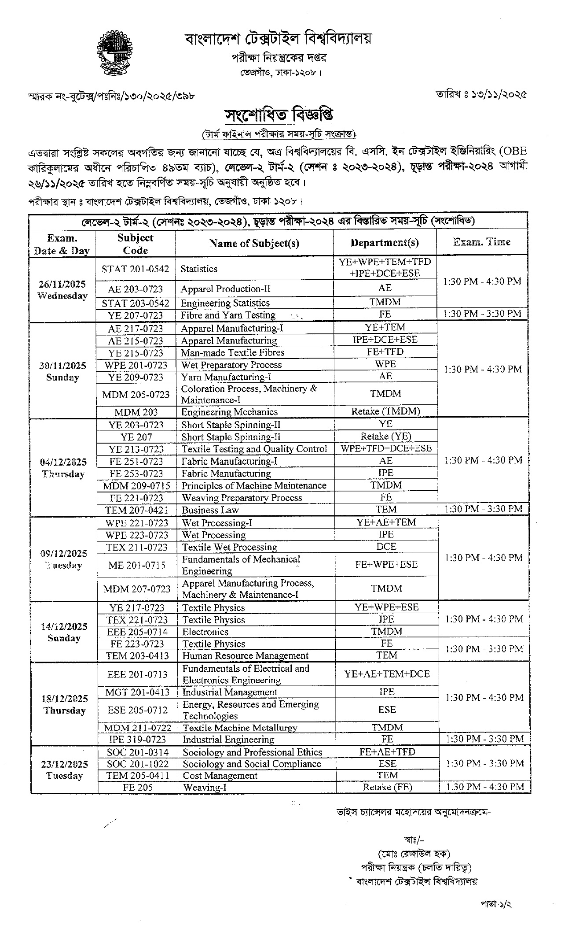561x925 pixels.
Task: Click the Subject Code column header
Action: click(x=135, y=244)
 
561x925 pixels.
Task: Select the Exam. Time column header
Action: click(x=482, y=242)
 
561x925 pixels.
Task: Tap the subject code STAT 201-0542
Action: click(x=135, y=269)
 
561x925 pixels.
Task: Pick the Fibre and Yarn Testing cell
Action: click(x=228, y=315)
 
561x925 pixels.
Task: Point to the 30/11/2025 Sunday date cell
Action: click(x=62, y=371)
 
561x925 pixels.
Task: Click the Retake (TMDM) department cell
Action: click(x=385, y=411)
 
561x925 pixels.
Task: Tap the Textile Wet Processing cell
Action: click(x=230, y=547)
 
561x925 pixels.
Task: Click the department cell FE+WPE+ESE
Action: click(x=386, y=564)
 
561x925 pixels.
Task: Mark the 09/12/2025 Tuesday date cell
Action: click(x=63, y=559)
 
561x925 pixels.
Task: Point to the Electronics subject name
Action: click(x=205, y=632)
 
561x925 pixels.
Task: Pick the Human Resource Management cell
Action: click(x=246, y=655)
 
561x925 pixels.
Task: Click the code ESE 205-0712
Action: click(x=137, y=710)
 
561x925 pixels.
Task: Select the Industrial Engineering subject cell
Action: click(x=228, y=739)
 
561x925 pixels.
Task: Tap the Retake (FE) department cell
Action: click(x=387, y=787)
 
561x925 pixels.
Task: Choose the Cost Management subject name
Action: click(x=220, y=775)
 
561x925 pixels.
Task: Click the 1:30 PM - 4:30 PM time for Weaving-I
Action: click(x=484, y=787)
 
